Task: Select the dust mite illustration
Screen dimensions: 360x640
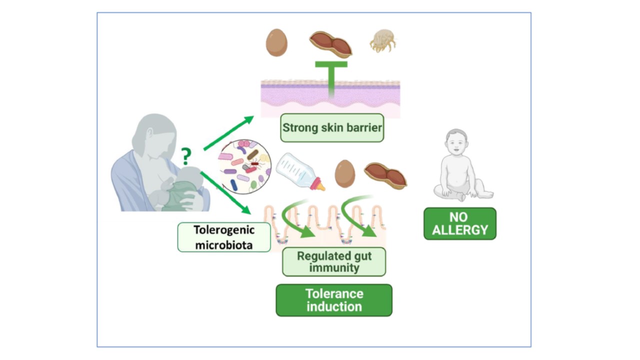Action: tap(382, 41)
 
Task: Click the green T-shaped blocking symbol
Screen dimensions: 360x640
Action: tap(331, 75)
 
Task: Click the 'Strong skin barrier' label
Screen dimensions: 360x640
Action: tap(332, 127)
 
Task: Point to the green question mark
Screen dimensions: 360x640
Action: tap(186, 156)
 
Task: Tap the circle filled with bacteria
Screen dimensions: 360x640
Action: tap(244, 166)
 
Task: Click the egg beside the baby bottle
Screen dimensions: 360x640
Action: tap(344, 173)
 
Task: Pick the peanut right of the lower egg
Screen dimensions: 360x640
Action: tap(385, 175)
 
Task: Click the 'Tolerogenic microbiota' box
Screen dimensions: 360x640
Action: tap(224, 237)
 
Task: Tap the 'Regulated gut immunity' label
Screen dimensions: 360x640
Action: tap(334, 261)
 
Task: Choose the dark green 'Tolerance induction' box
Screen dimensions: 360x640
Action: tap(334, 300)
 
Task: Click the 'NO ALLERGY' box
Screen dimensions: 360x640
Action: tap(459, 223)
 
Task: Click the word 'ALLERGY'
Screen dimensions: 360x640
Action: tap(459, 230)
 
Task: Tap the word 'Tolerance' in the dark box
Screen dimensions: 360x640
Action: tap(334, 293)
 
